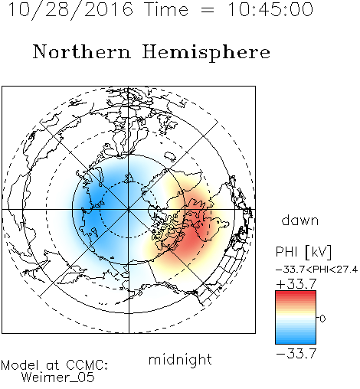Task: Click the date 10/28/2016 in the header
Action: tap(70, 10)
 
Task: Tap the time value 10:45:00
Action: tap(270, 9)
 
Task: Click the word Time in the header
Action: tap(166, 9)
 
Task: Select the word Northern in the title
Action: tap(82, 51)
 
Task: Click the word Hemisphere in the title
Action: tap(206, 53)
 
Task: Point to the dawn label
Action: tap(300, 220)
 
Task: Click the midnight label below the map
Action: tap(180, 361)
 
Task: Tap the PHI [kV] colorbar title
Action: tap(303, 252)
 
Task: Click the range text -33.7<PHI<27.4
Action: tap(316, 270)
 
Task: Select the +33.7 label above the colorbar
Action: tap(296, 284)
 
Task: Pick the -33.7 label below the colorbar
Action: tap(296, 354)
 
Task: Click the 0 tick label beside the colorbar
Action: tap(322, 319)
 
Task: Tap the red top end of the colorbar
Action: tap(296, 293)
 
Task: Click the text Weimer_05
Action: tap(58, 378)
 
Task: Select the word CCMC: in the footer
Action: tap(87, 365)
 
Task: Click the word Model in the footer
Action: tap(20, 365)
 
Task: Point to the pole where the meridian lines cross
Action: tap(129, 210)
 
